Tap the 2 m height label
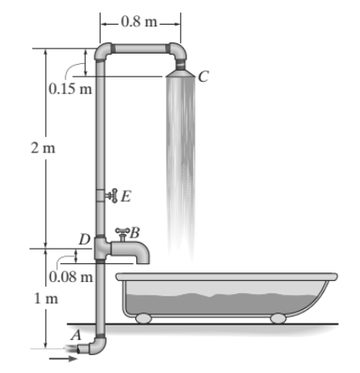click(38, 147)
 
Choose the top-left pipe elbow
click(104, 54)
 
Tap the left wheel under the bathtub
click(143, 318)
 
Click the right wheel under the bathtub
click(277, 318)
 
